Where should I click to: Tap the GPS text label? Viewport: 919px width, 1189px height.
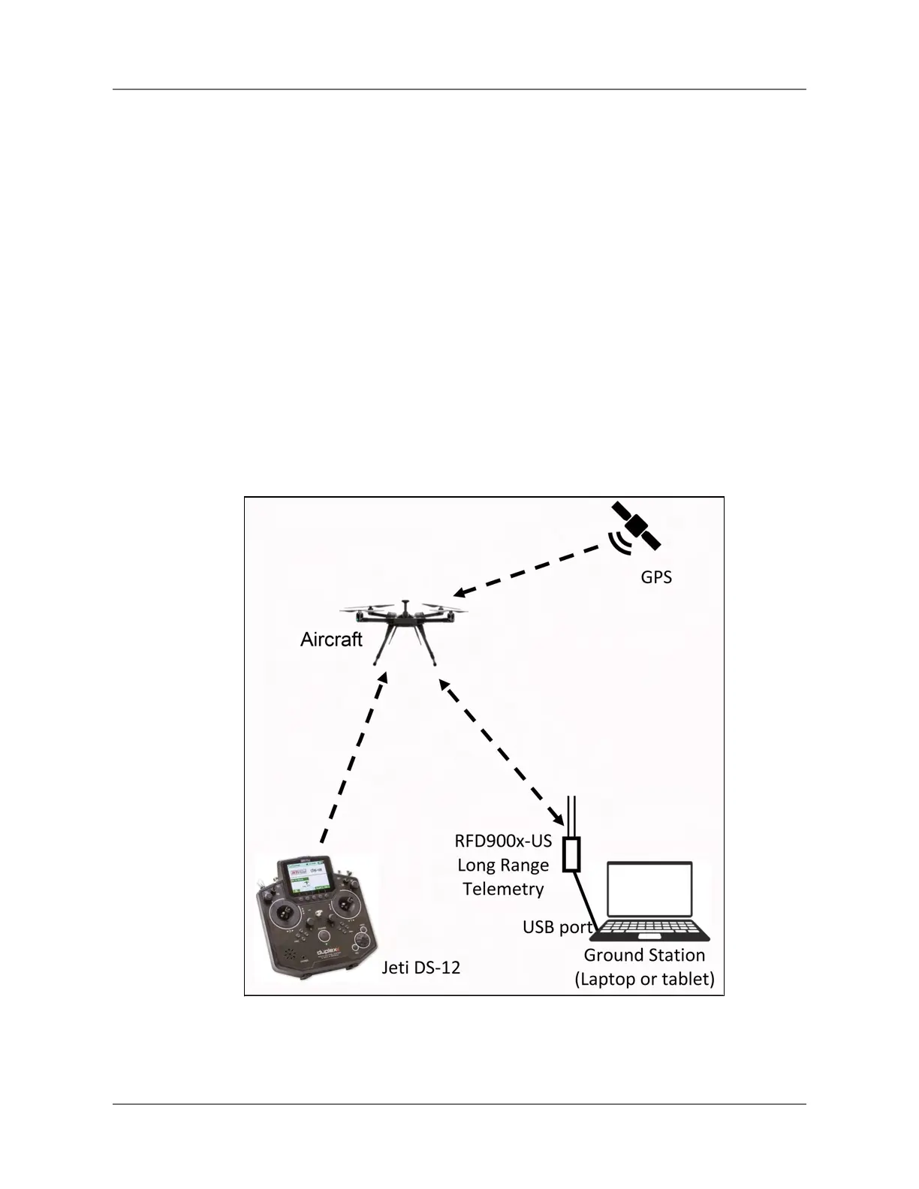coord(655,577)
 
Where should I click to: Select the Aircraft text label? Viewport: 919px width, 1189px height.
coord(331,640)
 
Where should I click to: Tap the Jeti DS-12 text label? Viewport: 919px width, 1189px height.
coord(420,968)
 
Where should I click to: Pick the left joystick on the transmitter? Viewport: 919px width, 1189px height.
coord(284,913)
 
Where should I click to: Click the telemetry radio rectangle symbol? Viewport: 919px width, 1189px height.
coord(572,854)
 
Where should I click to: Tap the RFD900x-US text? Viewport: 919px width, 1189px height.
coord(503,841)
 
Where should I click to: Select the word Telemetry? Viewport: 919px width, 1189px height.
coord(503,889)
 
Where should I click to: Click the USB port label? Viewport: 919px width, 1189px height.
coord(557,928)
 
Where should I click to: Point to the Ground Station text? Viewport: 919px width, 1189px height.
coord(644,956)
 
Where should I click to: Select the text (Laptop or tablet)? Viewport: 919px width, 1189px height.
coord(644,980)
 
